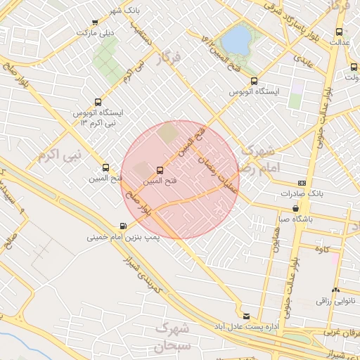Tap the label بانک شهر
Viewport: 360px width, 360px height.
[x=122, y=11]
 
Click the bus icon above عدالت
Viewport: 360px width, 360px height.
[x=340, y=32]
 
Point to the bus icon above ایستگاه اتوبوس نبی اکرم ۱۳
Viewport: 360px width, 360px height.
[x=98, y=102]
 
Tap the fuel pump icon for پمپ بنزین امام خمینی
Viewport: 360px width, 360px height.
[x=124, y=226]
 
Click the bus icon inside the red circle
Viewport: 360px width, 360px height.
[x=160, y=170]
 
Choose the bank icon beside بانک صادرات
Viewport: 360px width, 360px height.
[x=302, y=183]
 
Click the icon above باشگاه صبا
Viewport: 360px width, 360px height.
[x=295, y=208]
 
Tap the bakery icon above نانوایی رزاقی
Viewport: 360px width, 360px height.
[x=335, y=290]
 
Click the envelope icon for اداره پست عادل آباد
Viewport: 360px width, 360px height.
[x=245, y=316]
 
